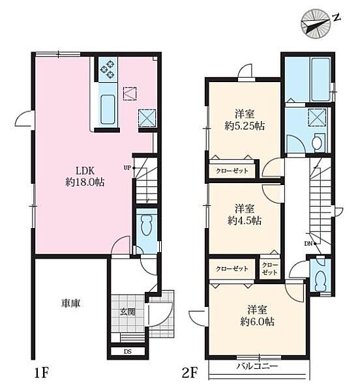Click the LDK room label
pos(85,171)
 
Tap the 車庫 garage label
pos(71,303)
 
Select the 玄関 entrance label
pos(127,312)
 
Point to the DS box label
pos(127,352)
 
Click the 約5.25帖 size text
pos(245,126)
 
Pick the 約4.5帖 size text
pos(245,220)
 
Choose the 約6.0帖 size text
pos(257,321)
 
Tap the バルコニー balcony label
pos(257,366)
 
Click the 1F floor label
pos(41,373)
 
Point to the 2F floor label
pos(190,373)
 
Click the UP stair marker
pos(127,168)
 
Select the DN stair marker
pos(308,244)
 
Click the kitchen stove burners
pos(108,70)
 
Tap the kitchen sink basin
pos(108,109)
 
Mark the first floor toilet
pos(147,223)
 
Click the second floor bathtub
pos(320,79)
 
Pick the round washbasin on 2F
pos(318,143)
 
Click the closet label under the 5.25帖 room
pos(232,171)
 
